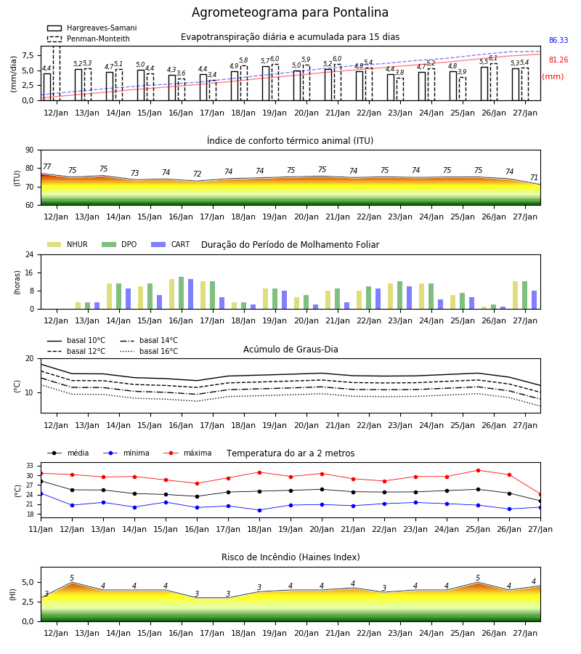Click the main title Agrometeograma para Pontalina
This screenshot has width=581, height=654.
pyautogui.click(x=290, y=12)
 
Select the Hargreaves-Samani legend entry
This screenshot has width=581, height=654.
pyautogui.click(x=92, y=28)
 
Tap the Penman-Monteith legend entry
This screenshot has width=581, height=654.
pyautogui.click(x=89, y=39)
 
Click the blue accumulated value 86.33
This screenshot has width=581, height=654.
pyautogui.click(x=558, y=41)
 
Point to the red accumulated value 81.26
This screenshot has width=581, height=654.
pyautogui.click(x=558, y=60)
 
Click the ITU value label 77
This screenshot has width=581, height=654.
pyautogui.click(x=47, y=167)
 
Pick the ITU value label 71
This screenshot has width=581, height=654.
pyautogui.click(x=534, y=178)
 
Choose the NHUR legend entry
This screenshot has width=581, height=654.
pyautogui.click(x=68, y=244)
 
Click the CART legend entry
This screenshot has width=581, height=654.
pyautogui.click(x=171, y=244)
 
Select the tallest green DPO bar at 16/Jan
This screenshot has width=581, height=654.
pyautogui.click(x=182, y=294)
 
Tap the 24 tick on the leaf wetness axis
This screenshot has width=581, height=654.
pyautogui.click(x=30, y=255)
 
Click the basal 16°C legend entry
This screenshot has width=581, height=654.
pyautogui.click(x=149, y=352)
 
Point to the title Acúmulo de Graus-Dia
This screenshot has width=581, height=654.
pyautogui.click(x=290, y=350)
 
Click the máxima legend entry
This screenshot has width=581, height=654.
pyautogui.click(x=187, y=453)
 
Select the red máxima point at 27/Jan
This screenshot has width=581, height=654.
pyautogui.click(x=540, y=495)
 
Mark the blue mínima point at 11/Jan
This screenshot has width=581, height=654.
pyautogui.click(x=41, y=494)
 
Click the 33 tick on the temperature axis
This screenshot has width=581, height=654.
pyautogui.click(x=30, y=466)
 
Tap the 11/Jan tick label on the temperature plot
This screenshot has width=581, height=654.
pyautogui.click(x=41, y=529)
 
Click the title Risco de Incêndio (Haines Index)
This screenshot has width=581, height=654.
pyautogui.click(x=290, y=557)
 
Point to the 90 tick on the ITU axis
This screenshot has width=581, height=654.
pyautogui.click(x=30, y=150)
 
